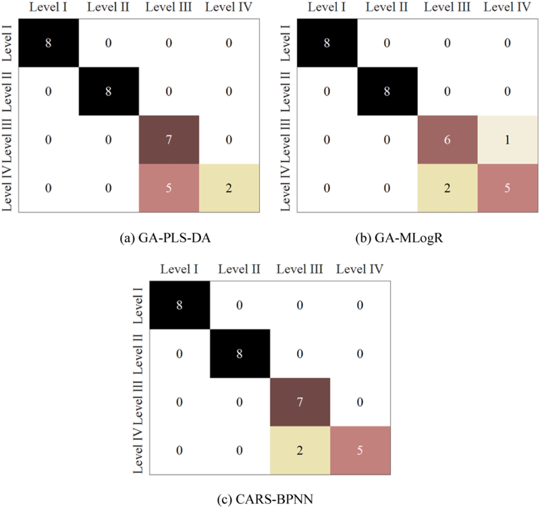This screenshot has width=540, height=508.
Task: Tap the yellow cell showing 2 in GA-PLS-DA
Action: [x=229, y=188]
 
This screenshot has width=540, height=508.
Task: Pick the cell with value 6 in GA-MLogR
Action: [x=448, y=140]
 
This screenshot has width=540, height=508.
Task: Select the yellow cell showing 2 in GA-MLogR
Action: [x=448, y=188]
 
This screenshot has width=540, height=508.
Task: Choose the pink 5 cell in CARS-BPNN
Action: [x=360, y=450]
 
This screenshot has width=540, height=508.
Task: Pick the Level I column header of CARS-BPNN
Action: [x=178, y=269]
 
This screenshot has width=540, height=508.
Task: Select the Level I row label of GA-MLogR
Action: [x=285, y=42]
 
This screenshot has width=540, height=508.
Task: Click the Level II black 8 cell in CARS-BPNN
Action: [x=240, y=353]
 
